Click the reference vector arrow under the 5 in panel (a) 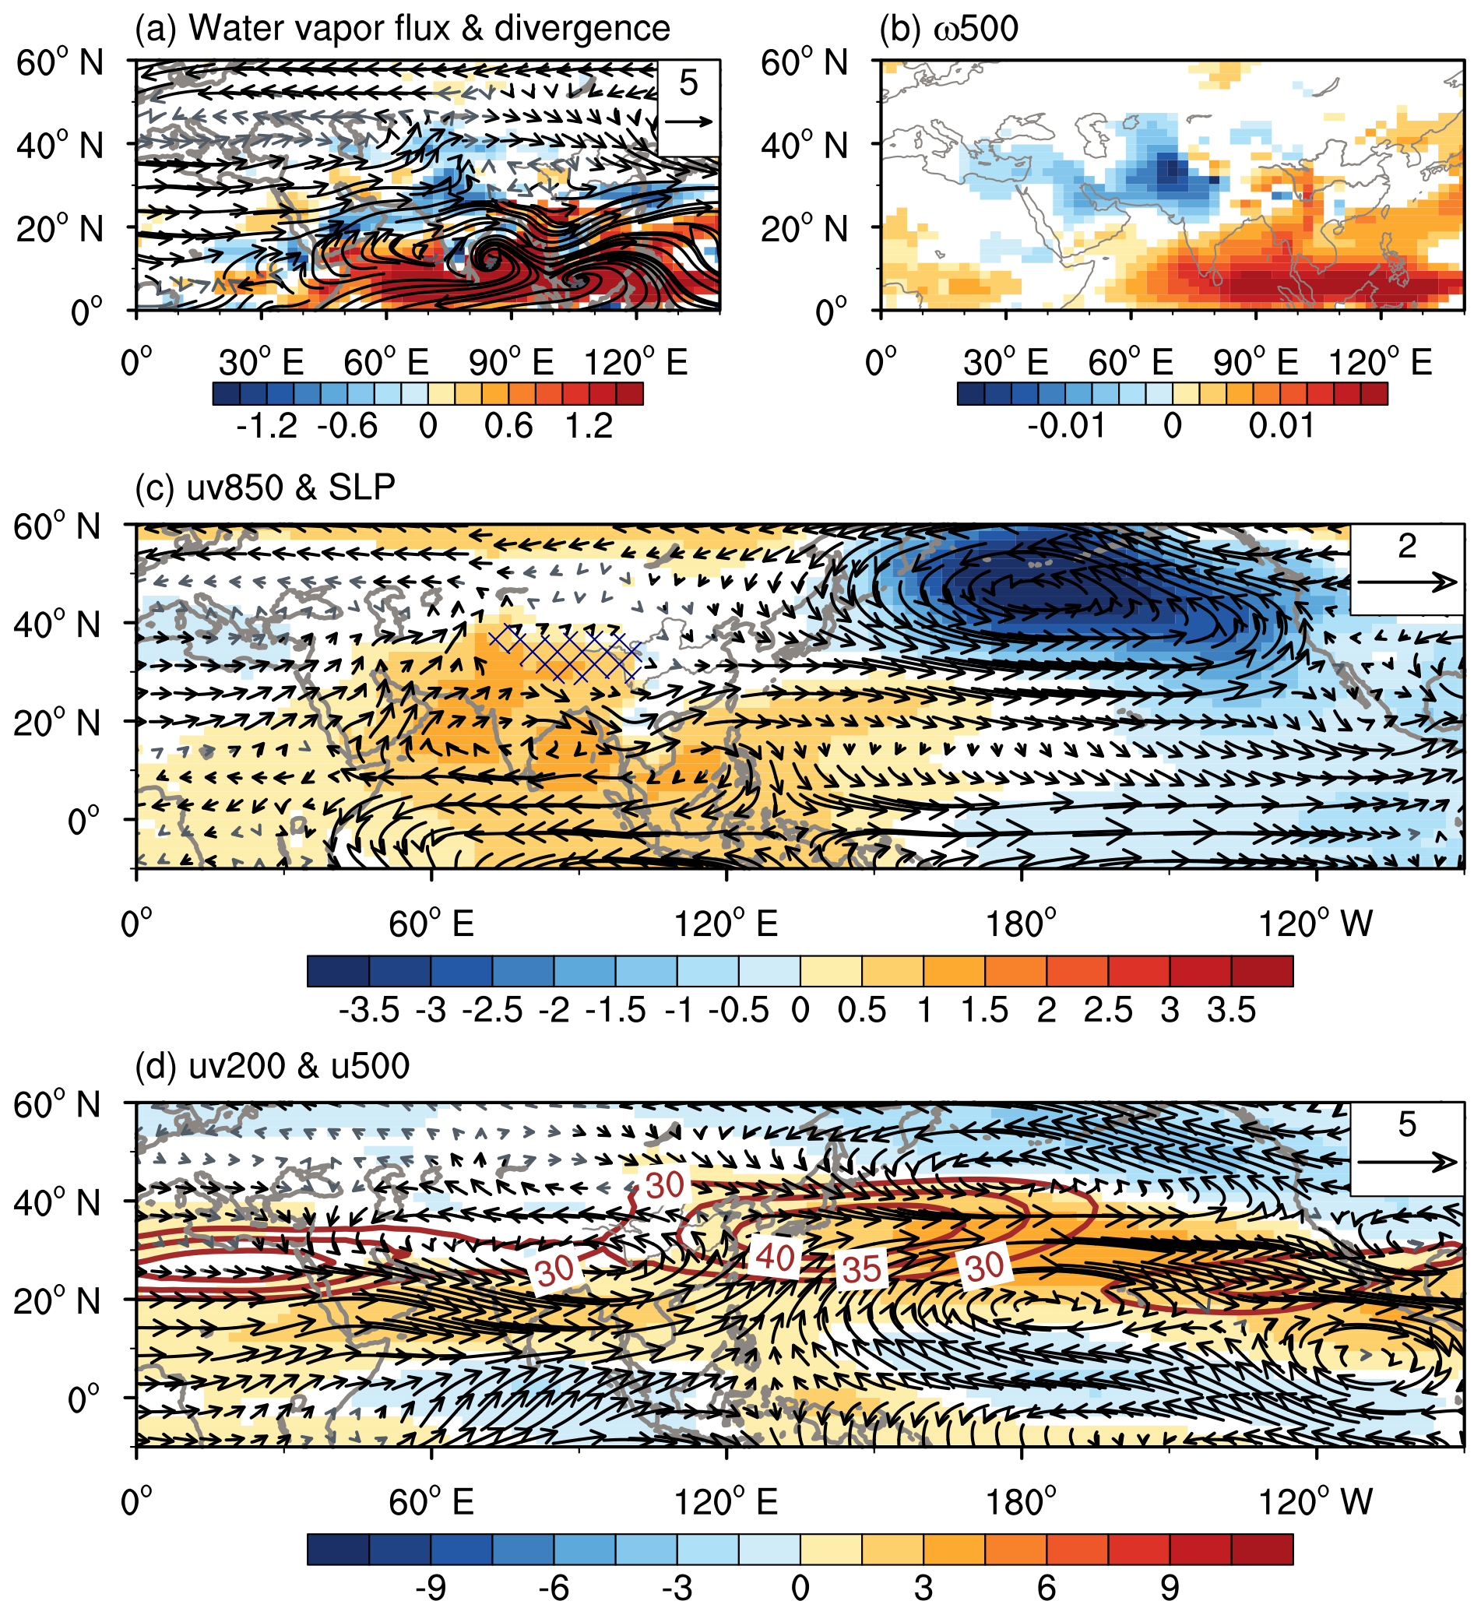coord(688,121)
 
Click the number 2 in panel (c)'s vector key coord(1406,547)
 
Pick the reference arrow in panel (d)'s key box coord(1406,1162)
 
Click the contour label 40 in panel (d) coord(774,1257)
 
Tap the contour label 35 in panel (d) coord(861,1268)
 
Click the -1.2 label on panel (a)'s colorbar coord(267,427)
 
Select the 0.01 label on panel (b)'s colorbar coord(1282,427)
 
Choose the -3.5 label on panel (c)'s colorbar coord(368,1011)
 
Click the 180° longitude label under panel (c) coord(1022,925)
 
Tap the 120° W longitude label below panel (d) coord(1316,1502)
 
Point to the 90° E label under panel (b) coord(1255,363)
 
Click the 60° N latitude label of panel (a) coord(60,62)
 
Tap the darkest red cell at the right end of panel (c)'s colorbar coord(1261,970)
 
